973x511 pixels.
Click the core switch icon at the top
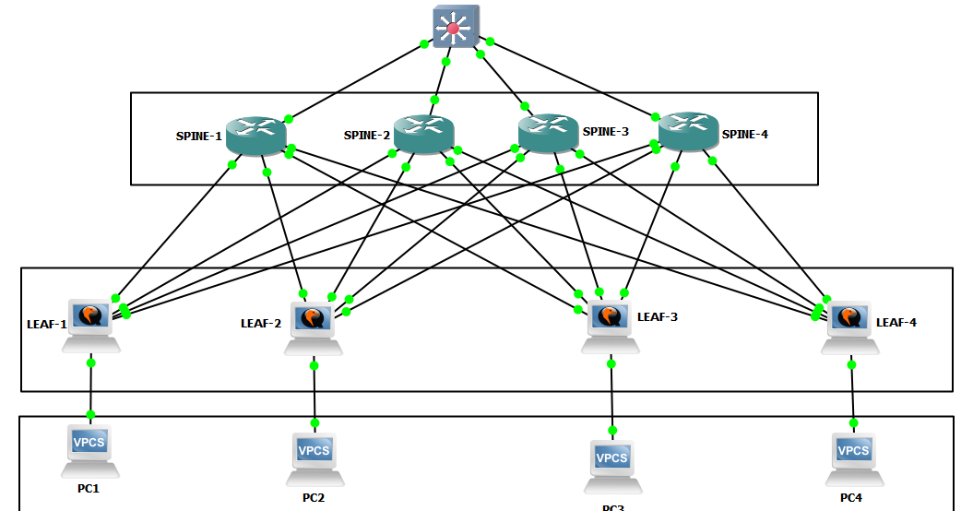pyautogui.click(x=453, y=28)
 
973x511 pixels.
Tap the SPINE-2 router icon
pyautogui.click(x=424, y=133)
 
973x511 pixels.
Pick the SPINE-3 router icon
pyautogui.click(x=549, y=132)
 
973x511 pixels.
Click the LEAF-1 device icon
pyautogui.click(x=90, y=324)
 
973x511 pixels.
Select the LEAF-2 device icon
pyautogui.click(x=314, y=327)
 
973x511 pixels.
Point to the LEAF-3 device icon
pyautogui.click(x=610, y=325)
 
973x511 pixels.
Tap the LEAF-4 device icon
pyautogui.click(x=848, y=325)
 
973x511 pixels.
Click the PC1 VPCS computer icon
pyautogui.click(x=90, y=449)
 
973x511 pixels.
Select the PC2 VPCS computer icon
pyautogui.click(x=314, y=458)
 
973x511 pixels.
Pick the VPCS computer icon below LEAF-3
pyautogui.click(x=611, y=464)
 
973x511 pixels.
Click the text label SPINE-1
pyautogui.click(x=198, y=137)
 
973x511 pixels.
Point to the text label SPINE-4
pyautogui.click(x=745, y=135)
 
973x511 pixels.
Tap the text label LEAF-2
pyautogui.click(x=260, y=323)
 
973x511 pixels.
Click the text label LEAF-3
pyautogui.click(x=657, y=316)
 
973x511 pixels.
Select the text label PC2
pyautogui.click(x=314, y=497)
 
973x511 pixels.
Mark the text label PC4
pyautogui.click(x=851, y=497)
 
